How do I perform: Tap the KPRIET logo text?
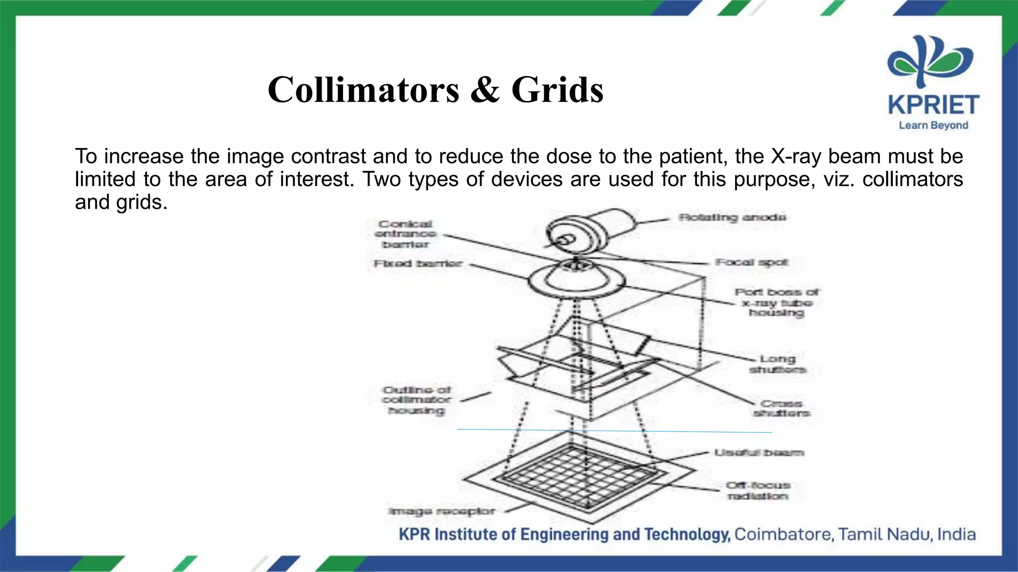[933, 105]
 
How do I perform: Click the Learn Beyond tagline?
[933, 126]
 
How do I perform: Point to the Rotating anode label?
[732, 217]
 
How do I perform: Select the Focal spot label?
[752, 262]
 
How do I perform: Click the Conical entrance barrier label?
[406, 234]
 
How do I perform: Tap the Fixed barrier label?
[418, 264]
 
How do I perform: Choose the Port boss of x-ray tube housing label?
[776, 302]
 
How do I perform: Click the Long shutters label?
[777, 364]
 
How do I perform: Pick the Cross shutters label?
[781, 408]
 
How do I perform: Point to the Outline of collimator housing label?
[417, 400]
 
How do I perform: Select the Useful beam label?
[759, 453]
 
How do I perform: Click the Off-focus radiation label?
[758, 491]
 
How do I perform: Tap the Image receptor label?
[441, 511]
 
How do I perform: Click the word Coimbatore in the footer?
[783, 535]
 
